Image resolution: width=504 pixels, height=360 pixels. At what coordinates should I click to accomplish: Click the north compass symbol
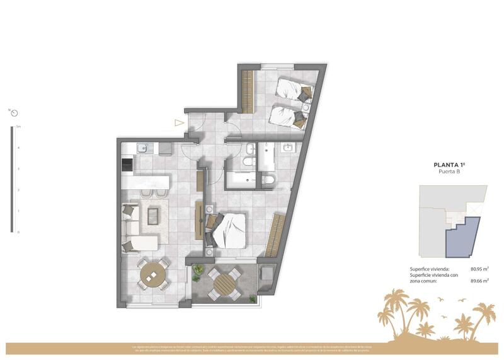coord(13,113)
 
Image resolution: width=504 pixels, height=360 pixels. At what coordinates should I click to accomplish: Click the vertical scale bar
coord(12,180)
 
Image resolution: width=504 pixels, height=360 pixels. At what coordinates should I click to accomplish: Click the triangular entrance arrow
coord(180,124)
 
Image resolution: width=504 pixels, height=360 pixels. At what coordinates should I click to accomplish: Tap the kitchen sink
coord(142,149)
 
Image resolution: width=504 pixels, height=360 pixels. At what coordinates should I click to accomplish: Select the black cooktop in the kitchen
coord(127,165)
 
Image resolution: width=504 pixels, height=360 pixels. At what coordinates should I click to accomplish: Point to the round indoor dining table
coord(151,274)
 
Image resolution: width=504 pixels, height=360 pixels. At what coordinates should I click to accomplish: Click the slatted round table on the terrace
coord(223,283)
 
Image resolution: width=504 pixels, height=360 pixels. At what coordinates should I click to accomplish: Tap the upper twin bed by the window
coord(294,90)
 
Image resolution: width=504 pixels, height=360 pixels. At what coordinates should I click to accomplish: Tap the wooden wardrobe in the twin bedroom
coord(246,90)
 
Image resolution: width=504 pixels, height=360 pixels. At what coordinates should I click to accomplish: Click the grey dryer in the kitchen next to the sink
coord(165,149)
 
